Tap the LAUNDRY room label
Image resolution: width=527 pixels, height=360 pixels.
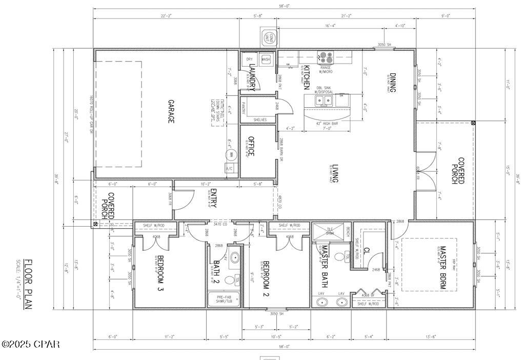252,75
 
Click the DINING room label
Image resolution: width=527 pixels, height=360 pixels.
392,83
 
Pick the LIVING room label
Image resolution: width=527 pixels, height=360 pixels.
334,173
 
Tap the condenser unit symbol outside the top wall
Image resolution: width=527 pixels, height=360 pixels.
269,37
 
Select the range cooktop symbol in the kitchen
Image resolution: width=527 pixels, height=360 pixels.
326,57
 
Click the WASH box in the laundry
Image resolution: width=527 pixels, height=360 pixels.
266,59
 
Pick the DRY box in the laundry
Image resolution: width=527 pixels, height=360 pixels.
249,59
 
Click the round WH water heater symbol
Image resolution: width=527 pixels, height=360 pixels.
231,154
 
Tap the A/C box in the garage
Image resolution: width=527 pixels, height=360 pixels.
230,168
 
